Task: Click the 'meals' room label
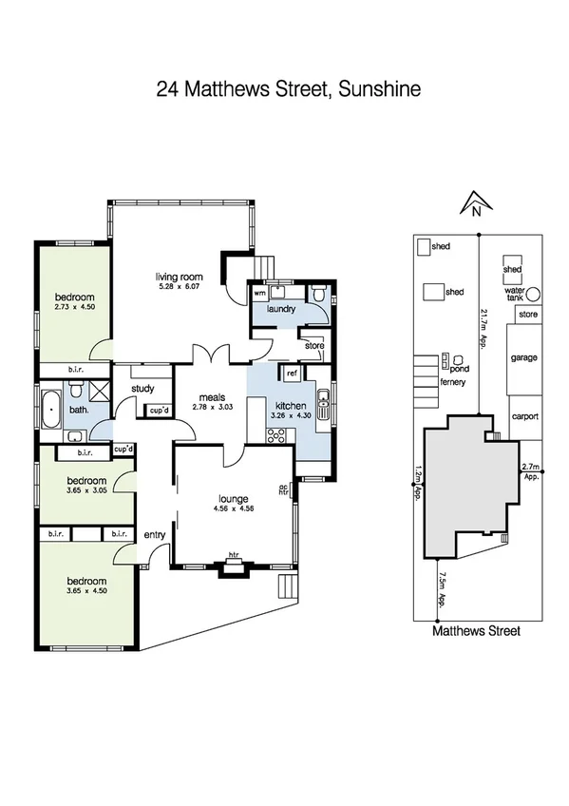click(x=212, y=397)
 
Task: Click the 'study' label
click(x=143, y=388)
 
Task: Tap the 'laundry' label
click(x=282, y=309)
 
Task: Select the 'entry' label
click(x=154, y=535)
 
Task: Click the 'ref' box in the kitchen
click(x=293, y=375)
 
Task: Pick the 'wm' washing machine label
click(x=259, y=294)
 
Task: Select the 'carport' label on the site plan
click(x=524, y=416)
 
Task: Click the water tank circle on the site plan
click(x=534, y=293)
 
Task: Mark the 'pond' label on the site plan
click(x=460, y=368)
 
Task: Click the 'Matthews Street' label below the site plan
click(x=476, y=629)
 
